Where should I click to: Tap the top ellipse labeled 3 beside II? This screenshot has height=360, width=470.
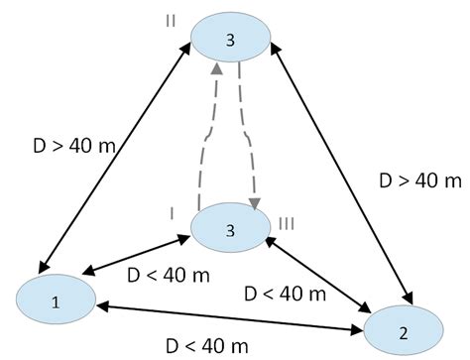coord(230,39)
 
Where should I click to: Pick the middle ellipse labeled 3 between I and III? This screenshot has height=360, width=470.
coord(229,230)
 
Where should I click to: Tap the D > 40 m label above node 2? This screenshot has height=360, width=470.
coord(420,180)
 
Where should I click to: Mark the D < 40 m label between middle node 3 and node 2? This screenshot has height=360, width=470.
coord(286,294)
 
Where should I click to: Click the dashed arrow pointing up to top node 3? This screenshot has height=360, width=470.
coord(212,139)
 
